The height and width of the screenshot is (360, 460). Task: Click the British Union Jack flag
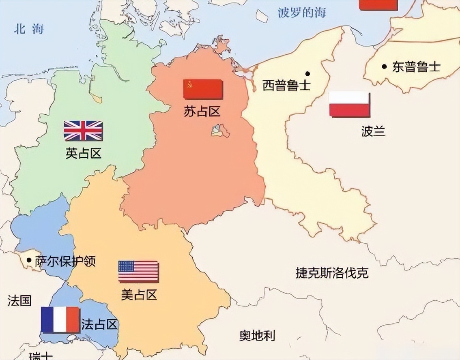83,131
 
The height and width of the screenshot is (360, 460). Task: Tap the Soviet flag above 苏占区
203,89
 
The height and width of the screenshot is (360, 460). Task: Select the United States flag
138,271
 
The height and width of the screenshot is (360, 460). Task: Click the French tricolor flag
60,319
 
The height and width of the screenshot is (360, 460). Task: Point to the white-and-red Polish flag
349,105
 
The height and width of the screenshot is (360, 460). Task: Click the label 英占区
83,153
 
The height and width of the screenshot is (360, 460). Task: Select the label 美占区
139,295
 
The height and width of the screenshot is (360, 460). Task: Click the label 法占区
99,324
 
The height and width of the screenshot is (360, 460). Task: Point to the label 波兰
373,131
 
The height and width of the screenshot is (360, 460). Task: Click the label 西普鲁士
286,86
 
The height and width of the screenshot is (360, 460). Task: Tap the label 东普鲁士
416,66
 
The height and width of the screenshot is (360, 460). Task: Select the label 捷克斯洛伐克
332,273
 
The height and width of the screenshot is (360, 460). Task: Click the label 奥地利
257,335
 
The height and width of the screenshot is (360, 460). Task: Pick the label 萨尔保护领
65,261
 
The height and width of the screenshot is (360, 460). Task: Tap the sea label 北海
29,29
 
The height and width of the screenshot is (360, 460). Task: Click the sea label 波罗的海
302,13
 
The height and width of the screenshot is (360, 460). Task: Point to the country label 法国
19,300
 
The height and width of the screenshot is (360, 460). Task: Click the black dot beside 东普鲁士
384,66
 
